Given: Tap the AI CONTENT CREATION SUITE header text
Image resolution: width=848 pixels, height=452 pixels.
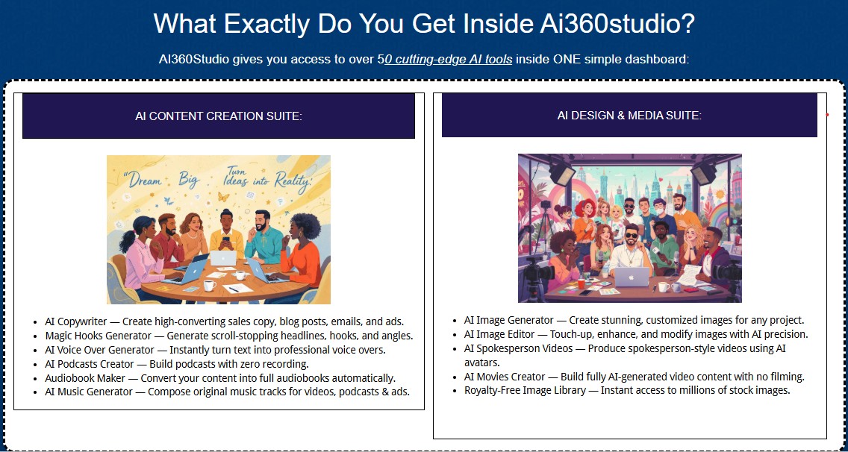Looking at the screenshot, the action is [219, 116].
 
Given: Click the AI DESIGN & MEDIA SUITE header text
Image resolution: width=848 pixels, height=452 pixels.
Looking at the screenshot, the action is [629, 115].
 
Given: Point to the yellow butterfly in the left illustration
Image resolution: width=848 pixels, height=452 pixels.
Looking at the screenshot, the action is [222, 197].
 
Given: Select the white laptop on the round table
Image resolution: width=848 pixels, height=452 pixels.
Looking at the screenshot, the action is [223, 258].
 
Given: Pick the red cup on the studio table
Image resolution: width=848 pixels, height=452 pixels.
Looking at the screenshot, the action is [581, 283].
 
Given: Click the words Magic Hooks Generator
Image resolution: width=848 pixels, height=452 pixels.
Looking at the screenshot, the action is [99, 336].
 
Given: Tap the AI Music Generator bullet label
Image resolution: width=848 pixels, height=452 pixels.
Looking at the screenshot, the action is [90, 392].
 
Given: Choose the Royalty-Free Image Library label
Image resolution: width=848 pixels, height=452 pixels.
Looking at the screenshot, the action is [525, 390].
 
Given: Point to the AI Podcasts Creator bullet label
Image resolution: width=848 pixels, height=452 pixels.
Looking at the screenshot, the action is [89, 364].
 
